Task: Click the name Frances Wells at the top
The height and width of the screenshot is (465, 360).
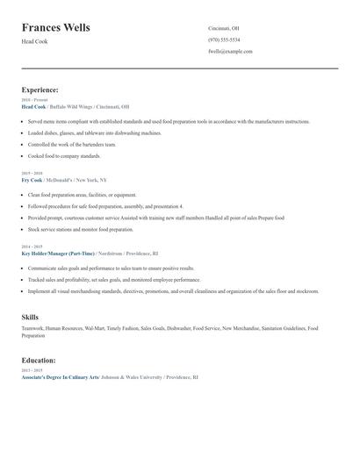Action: [x=55, y=27]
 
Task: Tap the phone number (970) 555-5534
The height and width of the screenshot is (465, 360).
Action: [x=224, y=39]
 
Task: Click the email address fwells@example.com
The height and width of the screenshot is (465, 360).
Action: [x=230, y=51]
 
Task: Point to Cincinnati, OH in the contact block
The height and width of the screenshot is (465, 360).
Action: [x=223, y=28]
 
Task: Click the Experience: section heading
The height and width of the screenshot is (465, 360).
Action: [x=40, y=89]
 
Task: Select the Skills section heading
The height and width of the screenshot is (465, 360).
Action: [x=30, y=316]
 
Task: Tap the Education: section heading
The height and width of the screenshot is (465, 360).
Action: [x=39, y=360]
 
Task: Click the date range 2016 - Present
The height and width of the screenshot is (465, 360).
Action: [x=32, y=100]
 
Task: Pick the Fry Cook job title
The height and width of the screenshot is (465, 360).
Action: [x=32, y=178]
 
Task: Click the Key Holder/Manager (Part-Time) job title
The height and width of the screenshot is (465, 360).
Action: [x=58, y=252]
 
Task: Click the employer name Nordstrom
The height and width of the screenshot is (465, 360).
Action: [x=116, y=252]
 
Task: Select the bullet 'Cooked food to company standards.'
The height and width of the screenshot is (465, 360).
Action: [x=64, y=155]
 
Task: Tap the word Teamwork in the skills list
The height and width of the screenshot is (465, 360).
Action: [x=32, y=328]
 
